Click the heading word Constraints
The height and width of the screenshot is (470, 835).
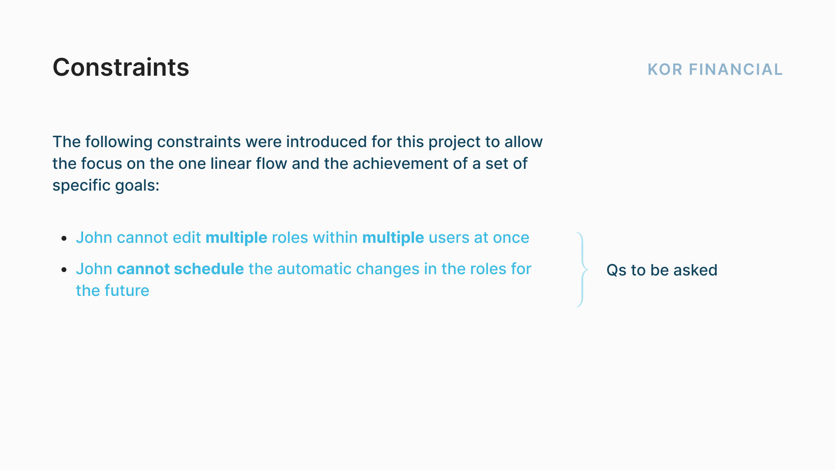[121, 67]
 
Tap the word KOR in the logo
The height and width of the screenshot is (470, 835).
[665, 70]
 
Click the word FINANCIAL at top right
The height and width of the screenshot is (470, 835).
[736, 70]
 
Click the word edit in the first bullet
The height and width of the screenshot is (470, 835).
[187, 238]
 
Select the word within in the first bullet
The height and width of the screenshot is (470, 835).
[335, 238]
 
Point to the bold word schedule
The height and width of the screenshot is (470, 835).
[208, 269]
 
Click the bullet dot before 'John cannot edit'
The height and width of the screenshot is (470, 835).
[64, 238]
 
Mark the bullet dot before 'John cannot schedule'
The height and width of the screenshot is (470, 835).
[64, 270]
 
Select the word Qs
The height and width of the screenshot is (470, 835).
[616, 270]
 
